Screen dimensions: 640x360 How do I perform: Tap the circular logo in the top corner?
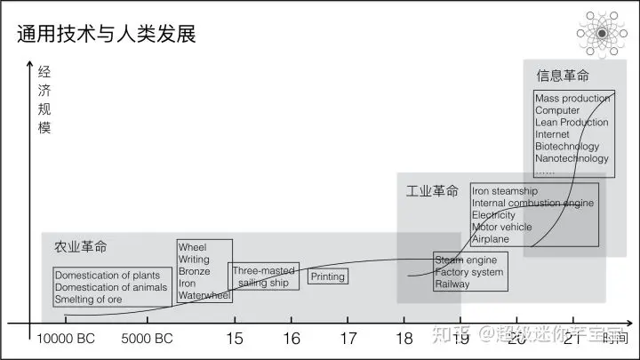pos(602,33)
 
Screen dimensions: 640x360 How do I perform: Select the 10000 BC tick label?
pos(66,339)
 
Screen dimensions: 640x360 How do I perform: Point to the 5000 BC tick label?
pos(147,339)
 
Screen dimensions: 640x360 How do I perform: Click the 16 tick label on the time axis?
pos(292,339)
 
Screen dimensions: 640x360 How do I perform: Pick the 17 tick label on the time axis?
pos(348,339)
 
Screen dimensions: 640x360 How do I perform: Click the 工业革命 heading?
pos(432,191)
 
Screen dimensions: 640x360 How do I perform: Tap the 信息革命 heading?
pos(562,76)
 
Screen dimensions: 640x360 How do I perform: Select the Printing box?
pos(327,277)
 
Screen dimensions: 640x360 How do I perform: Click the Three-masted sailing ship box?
pos(263,276)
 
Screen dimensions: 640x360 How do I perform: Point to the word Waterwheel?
pos(204,295)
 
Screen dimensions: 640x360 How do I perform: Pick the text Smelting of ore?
pos(88,300)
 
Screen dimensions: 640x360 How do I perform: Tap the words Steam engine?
pos(465,260)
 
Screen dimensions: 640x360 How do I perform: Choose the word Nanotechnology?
pos(572,158)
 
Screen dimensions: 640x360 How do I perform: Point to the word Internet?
pos(552,134)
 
